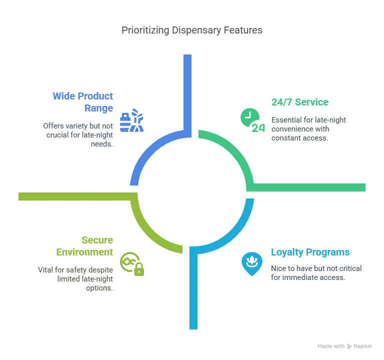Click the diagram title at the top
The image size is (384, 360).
point(191,31)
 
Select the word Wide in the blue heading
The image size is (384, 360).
point(63,95)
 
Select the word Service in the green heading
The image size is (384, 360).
point(312,102)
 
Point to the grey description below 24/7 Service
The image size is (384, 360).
point(307,129)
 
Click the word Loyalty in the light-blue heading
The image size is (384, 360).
point(286,252)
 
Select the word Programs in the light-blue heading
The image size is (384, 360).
point(328,252)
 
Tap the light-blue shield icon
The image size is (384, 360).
point(252,263)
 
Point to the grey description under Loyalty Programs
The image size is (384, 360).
point(315,271)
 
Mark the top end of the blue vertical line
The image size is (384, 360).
point(187,56)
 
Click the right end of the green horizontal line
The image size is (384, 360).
point(364,187)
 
